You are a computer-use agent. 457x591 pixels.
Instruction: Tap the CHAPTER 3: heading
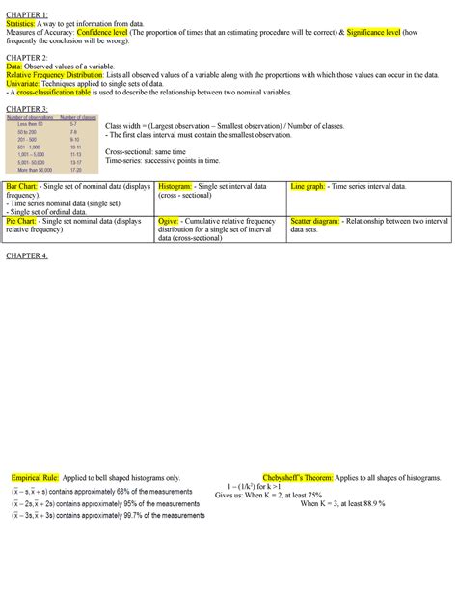(27, 110)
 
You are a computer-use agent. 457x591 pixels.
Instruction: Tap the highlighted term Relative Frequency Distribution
(62, 78)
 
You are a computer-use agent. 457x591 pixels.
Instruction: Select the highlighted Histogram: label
(177, 185)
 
